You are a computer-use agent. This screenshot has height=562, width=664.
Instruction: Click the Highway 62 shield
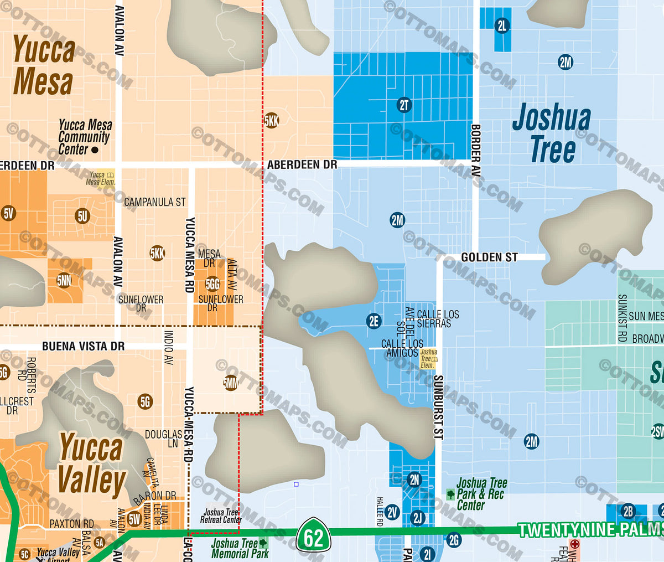point(313,536)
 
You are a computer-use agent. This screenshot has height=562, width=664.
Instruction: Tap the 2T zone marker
point(404,105)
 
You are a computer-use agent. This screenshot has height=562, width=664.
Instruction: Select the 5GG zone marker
point(212,285)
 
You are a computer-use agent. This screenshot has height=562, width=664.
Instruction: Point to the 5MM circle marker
point(231,383)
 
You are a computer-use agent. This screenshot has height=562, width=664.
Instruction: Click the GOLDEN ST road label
point(489,257)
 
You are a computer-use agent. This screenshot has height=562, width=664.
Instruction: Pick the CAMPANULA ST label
point(155,203)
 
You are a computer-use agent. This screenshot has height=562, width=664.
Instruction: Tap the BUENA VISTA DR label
point(84,347)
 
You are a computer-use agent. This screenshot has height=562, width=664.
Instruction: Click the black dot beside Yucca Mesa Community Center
point(95,150)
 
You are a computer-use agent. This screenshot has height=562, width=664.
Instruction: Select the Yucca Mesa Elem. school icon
point(111,175)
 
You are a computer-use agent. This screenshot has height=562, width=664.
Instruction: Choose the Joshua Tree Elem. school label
point(428,359)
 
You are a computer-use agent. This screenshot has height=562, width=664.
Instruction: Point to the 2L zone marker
point(502,25)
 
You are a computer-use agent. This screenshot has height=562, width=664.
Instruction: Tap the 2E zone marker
point(374,321)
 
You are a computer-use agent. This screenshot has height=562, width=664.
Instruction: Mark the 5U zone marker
point(82,216)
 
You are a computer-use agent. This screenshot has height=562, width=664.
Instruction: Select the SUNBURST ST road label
point(438,407)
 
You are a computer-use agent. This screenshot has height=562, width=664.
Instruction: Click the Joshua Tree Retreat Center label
point(220,516)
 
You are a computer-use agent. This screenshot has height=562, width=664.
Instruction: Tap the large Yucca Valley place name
point(91,464)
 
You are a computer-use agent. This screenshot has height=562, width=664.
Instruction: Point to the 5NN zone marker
point(64,281)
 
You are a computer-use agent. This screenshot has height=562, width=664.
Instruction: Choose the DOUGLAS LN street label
point(164,439)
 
